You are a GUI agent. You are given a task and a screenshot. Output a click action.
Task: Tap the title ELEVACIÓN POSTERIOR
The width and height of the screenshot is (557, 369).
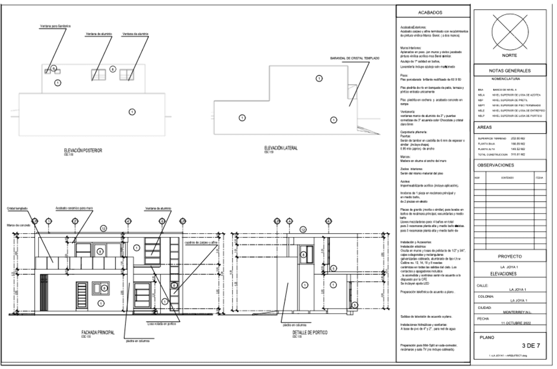coord(83,150)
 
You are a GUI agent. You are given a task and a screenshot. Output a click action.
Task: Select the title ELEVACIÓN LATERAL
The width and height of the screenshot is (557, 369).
coord(281,148)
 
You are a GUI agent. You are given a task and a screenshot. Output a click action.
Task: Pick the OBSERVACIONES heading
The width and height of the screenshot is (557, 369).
coord(497,165)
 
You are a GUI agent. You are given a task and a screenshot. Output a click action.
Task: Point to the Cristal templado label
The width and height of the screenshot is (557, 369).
coord(18,208)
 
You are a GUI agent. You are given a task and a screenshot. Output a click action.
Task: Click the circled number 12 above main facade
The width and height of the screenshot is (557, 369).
coord(103,228)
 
